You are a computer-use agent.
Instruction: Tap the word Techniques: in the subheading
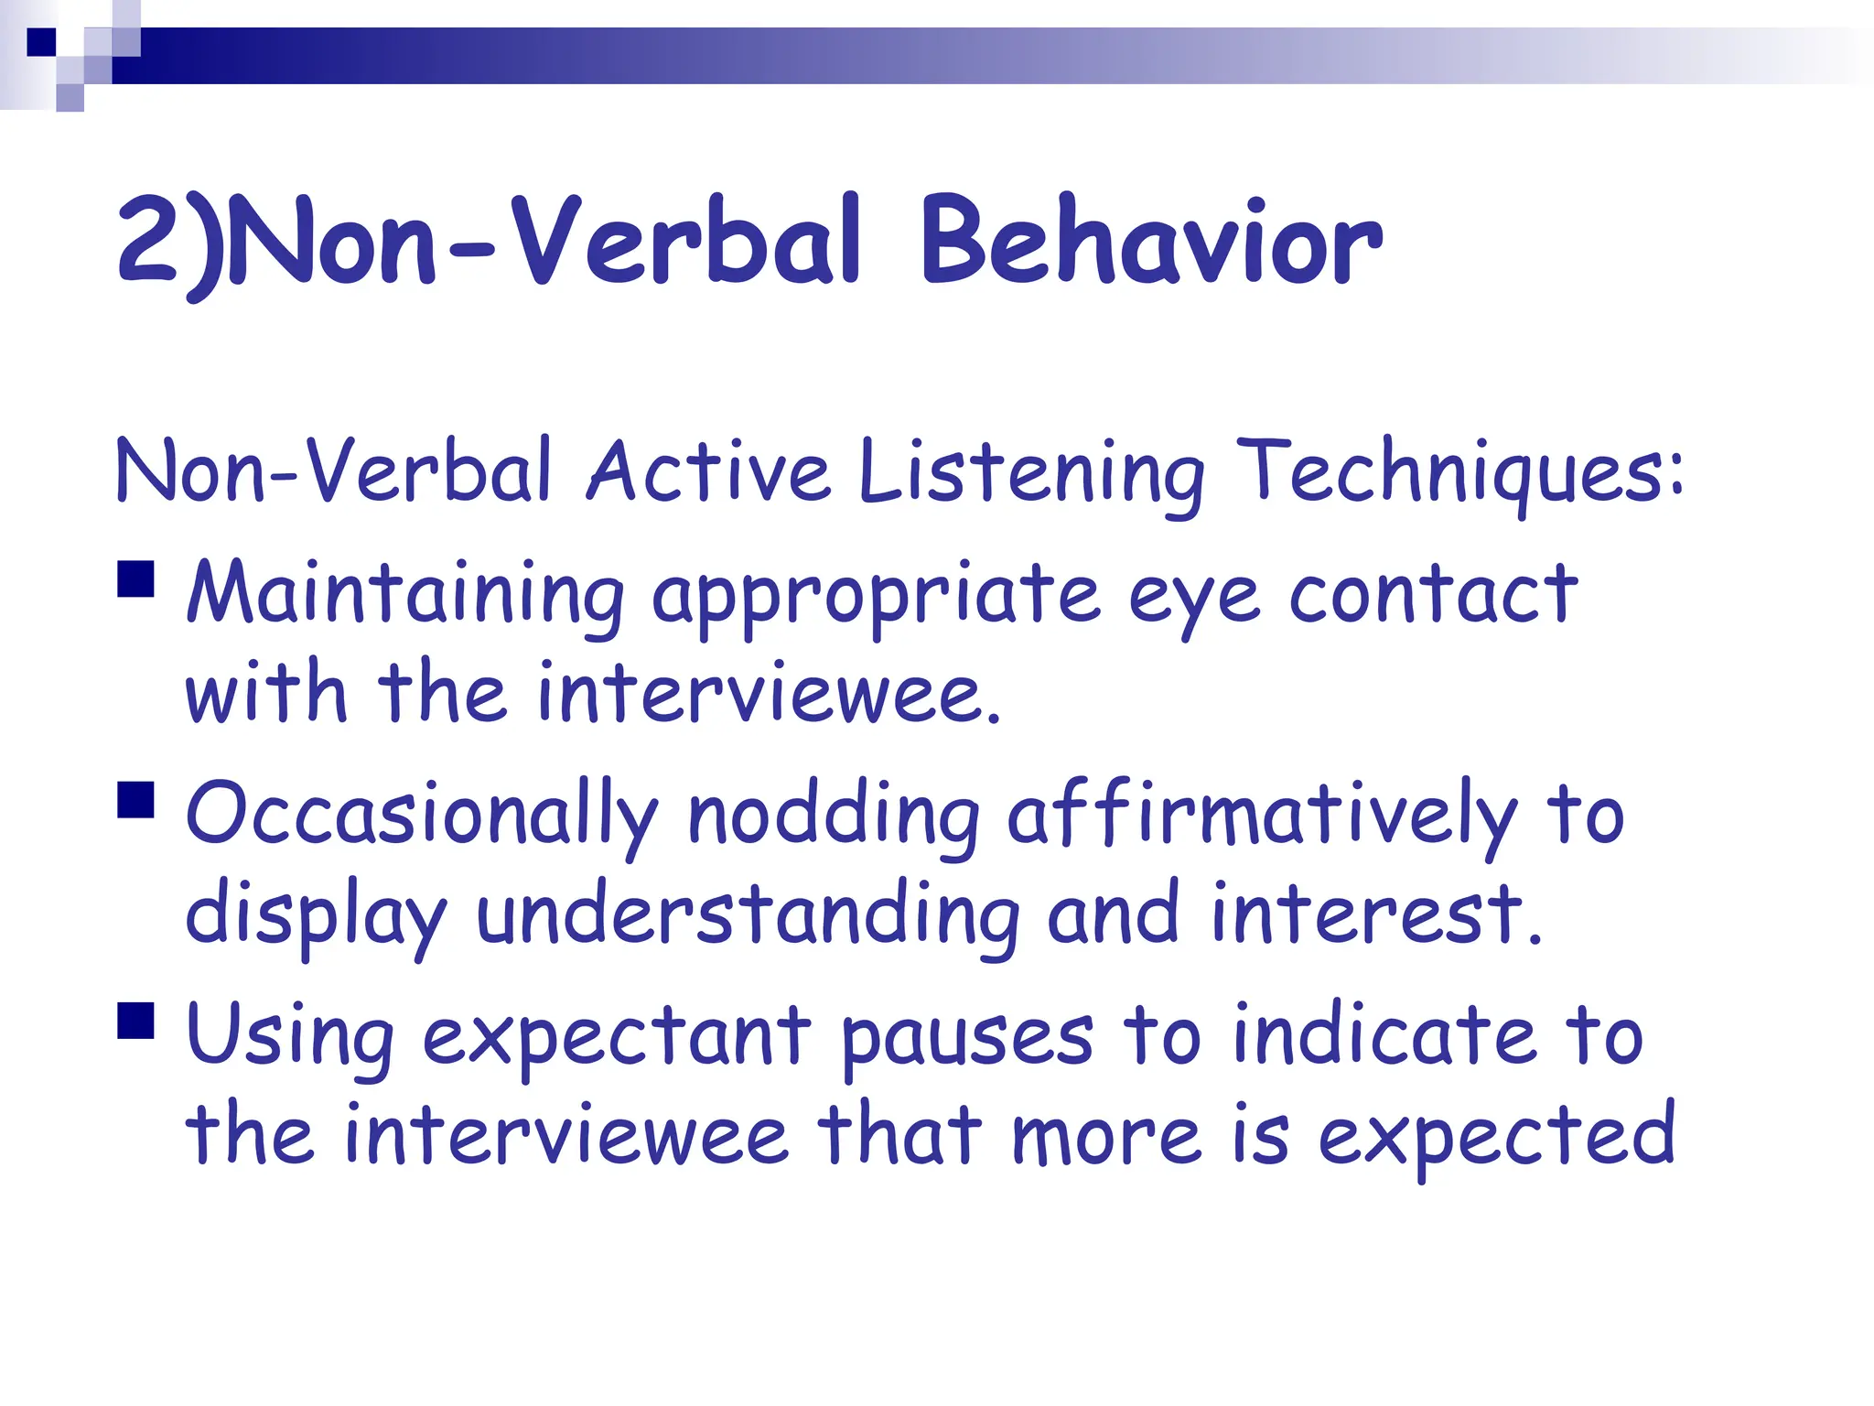[x=1459, y=472]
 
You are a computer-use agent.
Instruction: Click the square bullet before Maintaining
[x=135, y=579]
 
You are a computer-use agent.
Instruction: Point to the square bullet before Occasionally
[x=135, y=798]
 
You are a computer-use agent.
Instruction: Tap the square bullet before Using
[x=135, y=1020]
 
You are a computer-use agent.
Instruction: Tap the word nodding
[x=833, y=815]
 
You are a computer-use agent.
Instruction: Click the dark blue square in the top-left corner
[x=41, y=42]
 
